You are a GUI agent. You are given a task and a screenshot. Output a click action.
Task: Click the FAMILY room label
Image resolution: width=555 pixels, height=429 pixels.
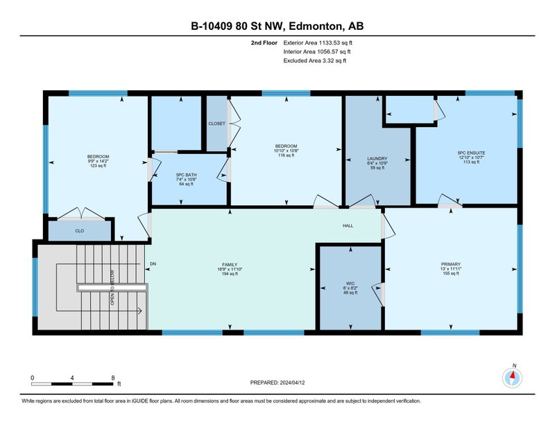[x=230, y=264]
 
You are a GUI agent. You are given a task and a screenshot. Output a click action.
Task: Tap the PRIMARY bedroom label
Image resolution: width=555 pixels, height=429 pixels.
[x=450, y=264]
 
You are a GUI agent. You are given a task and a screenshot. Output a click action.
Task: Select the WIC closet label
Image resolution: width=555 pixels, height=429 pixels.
[x=350, y=283]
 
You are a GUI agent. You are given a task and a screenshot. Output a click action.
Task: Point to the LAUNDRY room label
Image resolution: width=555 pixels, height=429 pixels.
[x=377, y=159]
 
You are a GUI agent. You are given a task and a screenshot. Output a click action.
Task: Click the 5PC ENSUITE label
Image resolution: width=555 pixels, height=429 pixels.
[x=471, y=153]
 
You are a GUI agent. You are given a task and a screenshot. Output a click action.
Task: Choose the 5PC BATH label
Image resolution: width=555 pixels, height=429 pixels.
[x=186, y=175]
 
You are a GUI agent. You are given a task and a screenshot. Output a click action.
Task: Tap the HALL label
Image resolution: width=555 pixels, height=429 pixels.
[x=348, y=226]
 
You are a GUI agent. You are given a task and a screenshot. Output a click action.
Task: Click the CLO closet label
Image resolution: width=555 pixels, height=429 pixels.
[x=80, y=231]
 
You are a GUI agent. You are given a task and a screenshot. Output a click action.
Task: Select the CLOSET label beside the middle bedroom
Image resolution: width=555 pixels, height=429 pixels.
[x=216, y=124]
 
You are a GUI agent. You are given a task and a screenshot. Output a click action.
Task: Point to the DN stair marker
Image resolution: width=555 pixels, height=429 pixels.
[x=153, y=264]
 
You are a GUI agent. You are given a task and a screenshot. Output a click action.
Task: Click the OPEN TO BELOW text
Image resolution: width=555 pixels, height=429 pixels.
[x=112, y=287]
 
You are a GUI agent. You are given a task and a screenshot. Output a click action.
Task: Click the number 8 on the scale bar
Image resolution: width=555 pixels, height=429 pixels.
[x=113, y=378]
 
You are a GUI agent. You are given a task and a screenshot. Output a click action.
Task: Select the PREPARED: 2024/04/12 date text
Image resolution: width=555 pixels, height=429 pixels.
[x=277, y=382]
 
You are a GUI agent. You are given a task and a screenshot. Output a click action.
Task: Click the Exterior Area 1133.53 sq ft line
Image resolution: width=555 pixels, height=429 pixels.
[x=318, y=43]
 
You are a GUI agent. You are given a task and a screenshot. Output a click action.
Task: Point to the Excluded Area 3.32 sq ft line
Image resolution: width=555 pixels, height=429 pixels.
[x=315, y=60]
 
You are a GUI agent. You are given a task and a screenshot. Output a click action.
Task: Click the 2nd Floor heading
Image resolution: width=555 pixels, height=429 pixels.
[x=264, y=43]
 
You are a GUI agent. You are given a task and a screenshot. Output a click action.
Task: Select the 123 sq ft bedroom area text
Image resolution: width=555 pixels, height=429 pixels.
[x=98, y=166]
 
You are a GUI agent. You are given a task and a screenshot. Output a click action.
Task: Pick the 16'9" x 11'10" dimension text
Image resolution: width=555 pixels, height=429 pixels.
[x=230, y=269]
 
